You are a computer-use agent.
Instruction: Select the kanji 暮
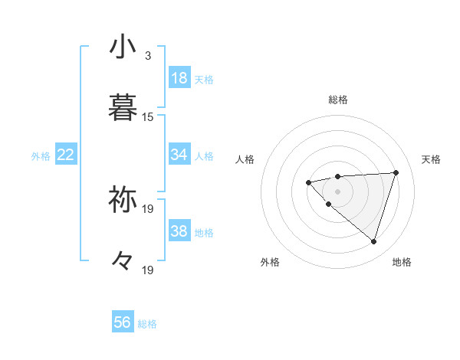tap(123, 107)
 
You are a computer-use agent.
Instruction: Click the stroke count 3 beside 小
tap(148, 56)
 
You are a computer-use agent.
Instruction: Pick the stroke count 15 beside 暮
tap(148, 117)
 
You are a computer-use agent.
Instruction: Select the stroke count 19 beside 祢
tap(148, 208)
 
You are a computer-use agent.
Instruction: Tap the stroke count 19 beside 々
tap(148, 270)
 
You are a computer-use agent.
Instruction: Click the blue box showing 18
tap(179, 78)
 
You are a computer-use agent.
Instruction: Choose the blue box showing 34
tap(179, 155)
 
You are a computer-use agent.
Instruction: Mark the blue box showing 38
tap(179, 231)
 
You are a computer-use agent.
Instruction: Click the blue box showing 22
tap(66, 155)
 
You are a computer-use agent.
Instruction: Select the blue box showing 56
tap(123, 322)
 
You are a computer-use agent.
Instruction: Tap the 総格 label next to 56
tap(147, 324)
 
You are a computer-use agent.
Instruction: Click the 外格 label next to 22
tap(41, 156)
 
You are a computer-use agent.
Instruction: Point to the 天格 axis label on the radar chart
tap(431, 159)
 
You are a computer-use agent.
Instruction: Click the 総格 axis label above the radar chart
tap(337, 100)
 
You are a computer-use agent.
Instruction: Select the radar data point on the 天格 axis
tap(396, 172)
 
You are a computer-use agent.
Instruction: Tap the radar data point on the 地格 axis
tap(373, 241)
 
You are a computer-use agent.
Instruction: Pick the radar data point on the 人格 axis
tap(308, 182)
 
